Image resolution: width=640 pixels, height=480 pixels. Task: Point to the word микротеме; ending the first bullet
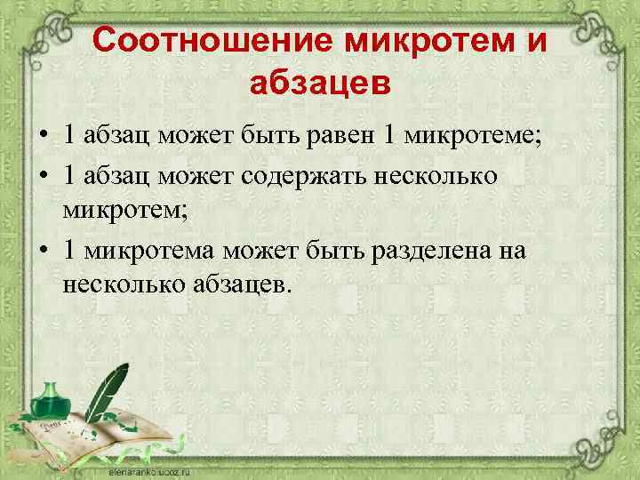coord(474,136)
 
